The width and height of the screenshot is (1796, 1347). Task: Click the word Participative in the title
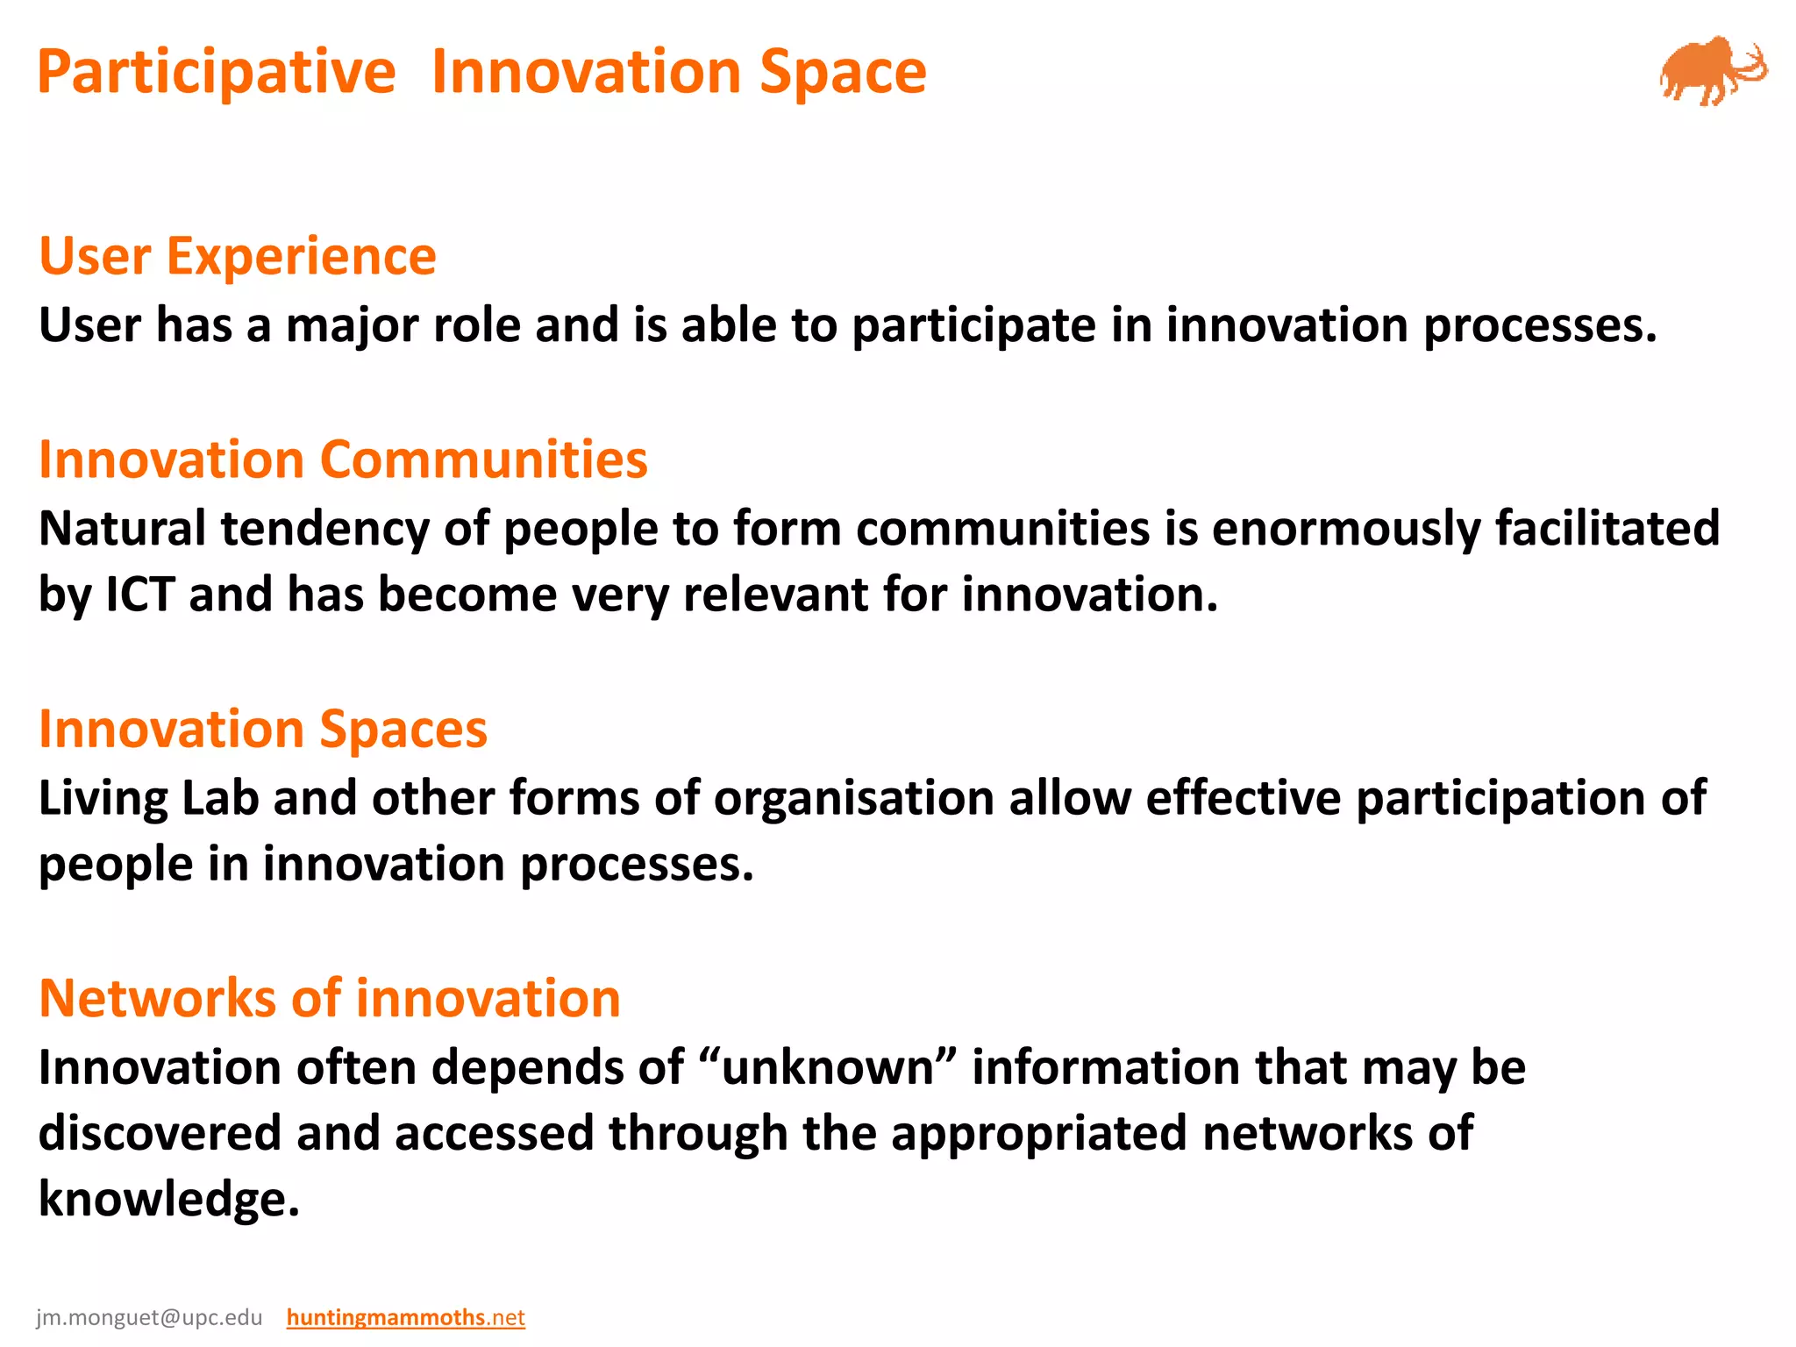(217, 72)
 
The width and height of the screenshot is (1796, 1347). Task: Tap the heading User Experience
(238, 256)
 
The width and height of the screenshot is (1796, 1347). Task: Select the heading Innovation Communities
(343, 460)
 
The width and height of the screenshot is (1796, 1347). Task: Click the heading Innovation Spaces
(263, 729)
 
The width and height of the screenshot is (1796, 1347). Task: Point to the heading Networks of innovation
(330, 999)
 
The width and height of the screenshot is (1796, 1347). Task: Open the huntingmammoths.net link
(405, 1317)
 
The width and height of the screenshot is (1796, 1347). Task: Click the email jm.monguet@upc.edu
(149, 1317)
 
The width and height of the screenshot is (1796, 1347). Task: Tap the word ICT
(139, 595)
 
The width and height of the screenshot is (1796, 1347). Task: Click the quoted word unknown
(827, 1068)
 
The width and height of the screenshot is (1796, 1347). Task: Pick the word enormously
(1346, 530)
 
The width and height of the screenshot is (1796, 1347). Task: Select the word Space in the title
(843, 72)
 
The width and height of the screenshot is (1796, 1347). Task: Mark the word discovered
(160, 1133)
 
